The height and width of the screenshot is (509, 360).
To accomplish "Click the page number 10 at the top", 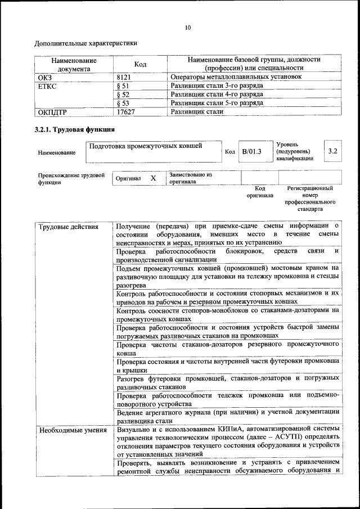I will (187, 26).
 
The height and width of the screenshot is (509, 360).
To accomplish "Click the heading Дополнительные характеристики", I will (85, 43).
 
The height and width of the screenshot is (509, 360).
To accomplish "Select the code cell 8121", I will (124, 76).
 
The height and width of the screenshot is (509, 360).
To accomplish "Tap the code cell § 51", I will (123, 86).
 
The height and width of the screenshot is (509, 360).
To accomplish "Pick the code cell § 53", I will (123, 103).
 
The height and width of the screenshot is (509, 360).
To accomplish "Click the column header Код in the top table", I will (140, 65).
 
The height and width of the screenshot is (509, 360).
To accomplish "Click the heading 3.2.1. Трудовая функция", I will (75, 130).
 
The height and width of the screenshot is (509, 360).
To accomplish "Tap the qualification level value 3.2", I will (332, 151).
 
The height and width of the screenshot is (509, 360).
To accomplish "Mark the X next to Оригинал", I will (152, 178).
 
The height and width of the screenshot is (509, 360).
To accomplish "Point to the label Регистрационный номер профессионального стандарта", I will (309, 199).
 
